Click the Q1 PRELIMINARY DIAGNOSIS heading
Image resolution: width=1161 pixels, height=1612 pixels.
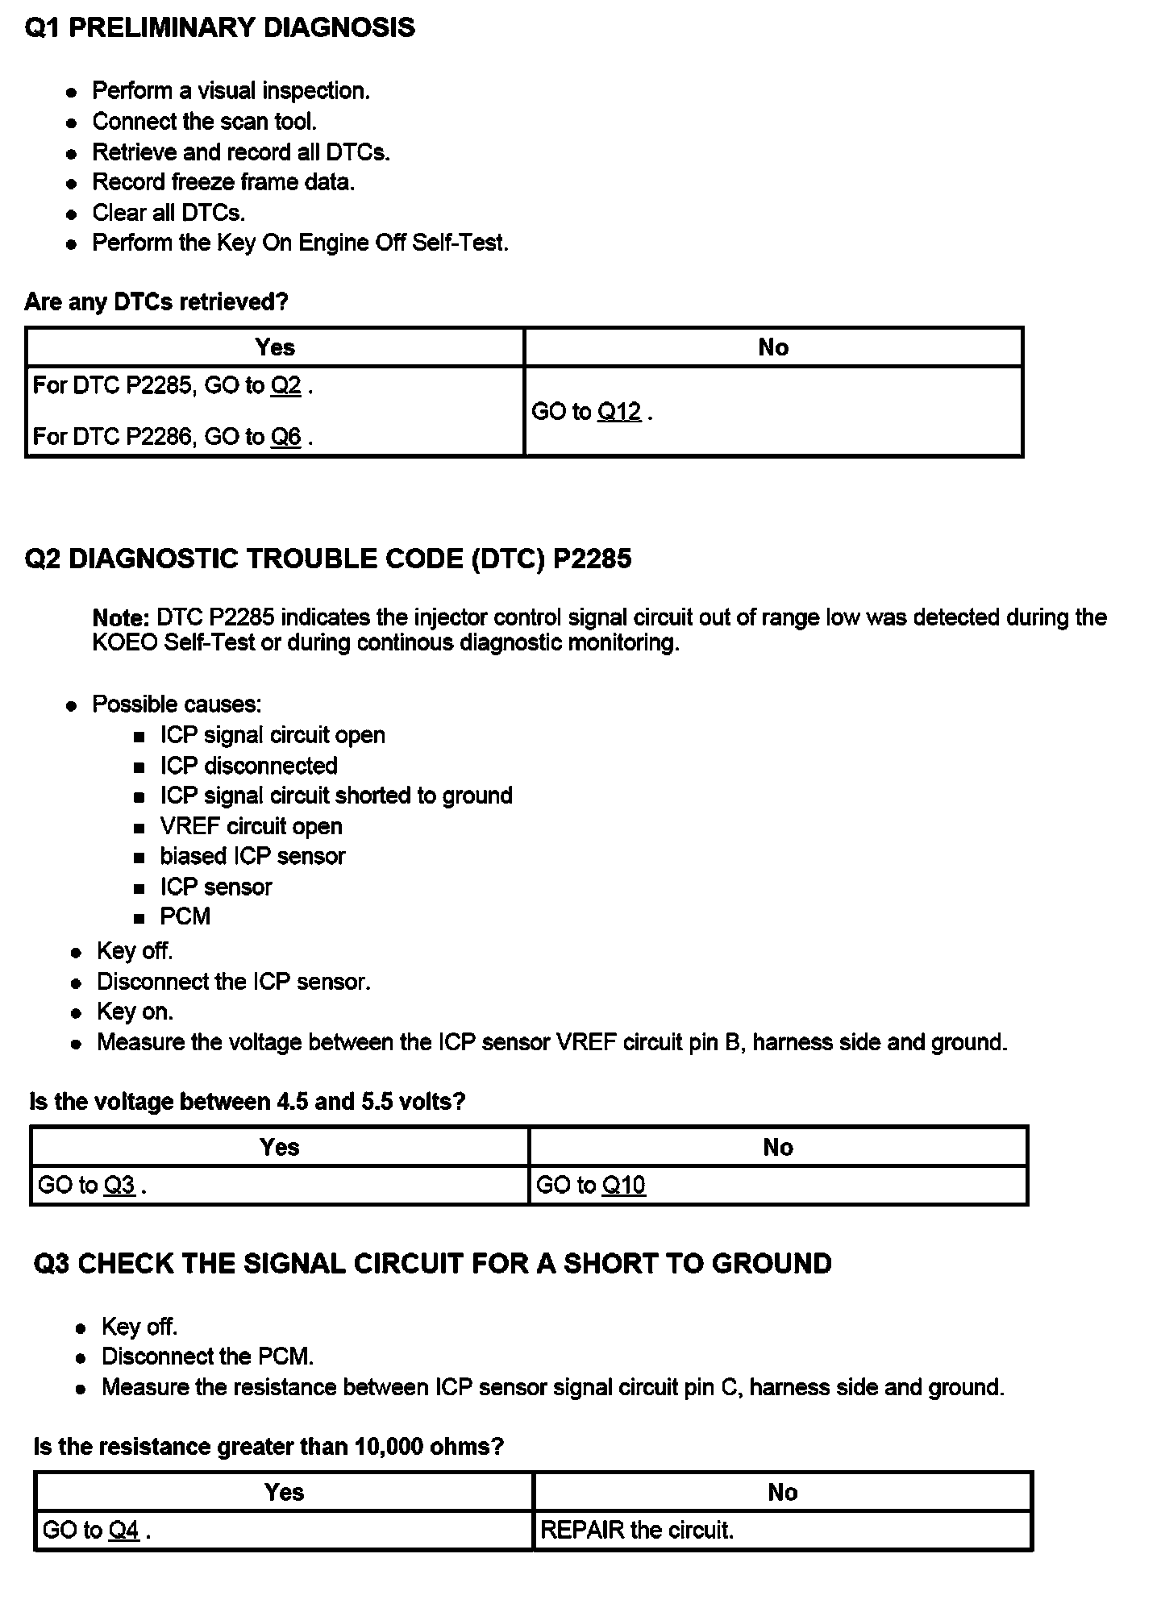[x=219, y=28]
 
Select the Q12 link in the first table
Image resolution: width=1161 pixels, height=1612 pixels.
[x=618, y=412]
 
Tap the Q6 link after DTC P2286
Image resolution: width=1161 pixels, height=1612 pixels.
[x=285, y=437]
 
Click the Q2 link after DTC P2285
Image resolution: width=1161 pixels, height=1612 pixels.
[x=285, y=386]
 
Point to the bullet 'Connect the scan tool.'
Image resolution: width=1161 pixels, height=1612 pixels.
[x=204, y=122]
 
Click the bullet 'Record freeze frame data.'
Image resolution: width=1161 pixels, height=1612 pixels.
[x=223, y=182]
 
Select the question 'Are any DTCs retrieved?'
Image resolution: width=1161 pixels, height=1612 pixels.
[x=156, y=302]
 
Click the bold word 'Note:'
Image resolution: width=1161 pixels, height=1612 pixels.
[x=121, y=618]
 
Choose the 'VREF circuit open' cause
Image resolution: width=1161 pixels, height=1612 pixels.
[x=251, y=826]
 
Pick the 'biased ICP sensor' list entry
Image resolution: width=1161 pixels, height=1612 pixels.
[x=252, y=856]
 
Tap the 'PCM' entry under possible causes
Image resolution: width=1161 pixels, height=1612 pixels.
[x=185, y=916]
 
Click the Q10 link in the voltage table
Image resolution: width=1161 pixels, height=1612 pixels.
[x=623, y=1185]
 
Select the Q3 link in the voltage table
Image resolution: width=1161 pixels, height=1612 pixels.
[x=119, y=1185]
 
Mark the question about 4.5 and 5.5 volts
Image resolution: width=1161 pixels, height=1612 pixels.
[x=248, y=1102]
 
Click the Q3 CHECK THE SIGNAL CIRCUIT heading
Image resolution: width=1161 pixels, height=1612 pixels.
[x=432, y=1264]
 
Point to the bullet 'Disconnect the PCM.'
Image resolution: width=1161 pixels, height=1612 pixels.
[x=207, y=1356]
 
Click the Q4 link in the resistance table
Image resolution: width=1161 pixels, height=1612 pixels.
[x=123, y=1530]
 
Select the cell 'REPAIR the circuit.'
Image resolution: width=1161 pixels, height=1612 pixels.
[x=637, y=1530]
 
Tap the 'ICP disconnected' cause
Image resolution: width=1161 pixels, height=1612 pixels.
[x=248, y=766]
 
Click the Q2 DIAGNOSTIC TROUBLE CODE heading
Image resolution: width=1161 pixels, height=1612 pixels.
[x=328, y=559]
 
